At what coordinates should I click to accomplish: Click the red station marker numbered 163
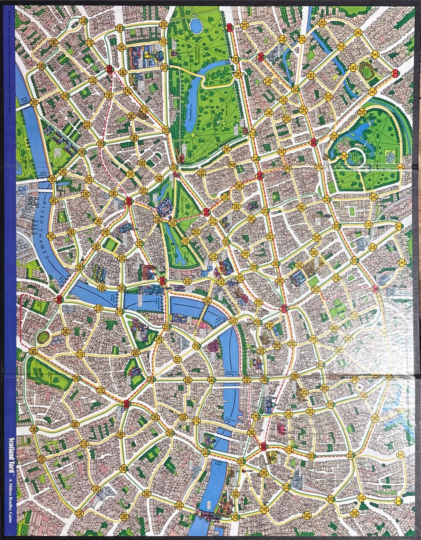tap(109, 70)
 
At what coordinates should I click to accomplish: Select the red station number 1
tap(394, 74)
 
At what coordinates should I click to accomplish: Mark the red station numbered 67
tap(284, 308)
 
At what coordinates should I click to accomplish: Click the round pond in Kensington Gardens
tap(195, 26)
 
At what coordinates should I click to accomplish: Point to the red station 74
tap(260, 56)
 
